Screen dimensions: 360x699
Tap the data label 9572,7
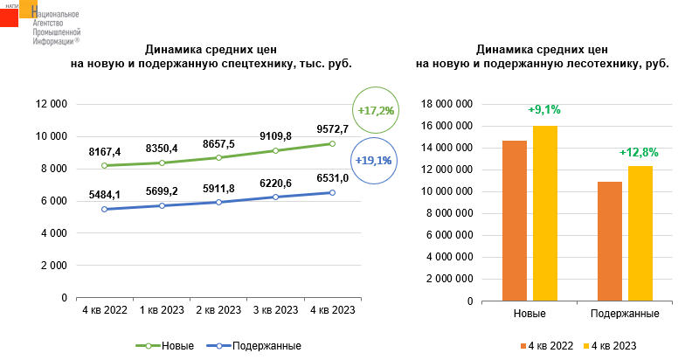click(x=333, y=129)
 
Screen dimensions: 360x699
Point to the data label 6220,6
click(x=276, y=182)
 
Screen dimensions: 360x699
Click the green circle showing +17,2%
click(x=377, y=111)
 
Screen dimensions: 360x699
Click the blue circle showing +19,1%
click(x=374, y=161)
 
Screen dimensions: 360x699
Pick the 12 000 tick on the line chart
click(x=51, y=104)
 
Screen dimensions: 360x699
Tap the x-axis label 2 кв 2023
click(x=218, y=311)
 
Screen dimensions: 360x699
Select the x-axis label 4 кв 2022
click(x=105, y=311)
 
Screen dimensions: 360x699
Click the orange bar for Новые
click(x=515, y=220)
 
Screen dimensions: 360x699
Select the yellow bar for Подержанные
click(x=640, y=233)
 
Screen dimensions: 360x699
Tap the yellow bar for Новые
click(x=544, y=213)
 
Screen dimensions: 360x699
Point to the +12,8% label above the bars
click(x=639, y=152)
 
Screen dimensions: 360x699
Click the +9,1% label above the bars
click(x=544, y=110)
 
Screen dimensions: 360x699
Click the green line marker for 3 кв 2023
click(x=276, y=150)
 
